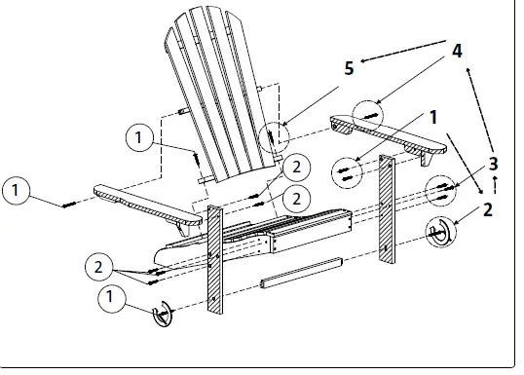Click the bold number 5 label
349,68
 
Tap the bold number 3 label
495,162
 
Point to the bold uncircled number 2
487,207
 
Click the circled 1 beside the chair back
141,139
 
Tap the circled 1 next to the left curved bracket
114,292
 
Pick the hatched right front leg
388,209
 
